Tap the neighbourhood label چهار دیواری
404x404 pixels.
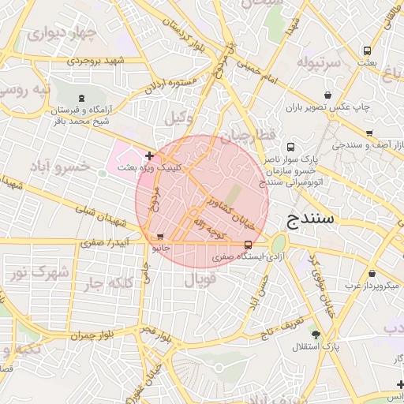61,36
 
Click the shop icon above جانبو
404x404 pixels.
161,236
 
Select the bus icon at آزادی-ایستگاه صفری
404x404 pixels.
249,244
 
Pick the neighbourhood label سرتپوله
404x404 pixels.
319,61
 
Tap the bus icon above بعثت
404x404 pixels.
365,49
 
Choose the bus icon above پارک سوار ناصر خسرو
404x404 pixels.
291,147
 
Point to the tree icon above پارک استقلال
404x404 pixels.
316,335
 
